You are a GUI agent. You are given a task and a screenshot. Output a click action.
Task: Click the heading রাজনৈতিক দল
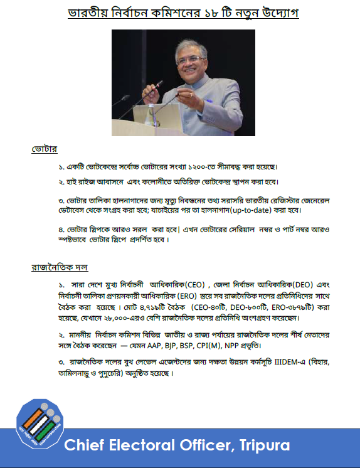point(60,267)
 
